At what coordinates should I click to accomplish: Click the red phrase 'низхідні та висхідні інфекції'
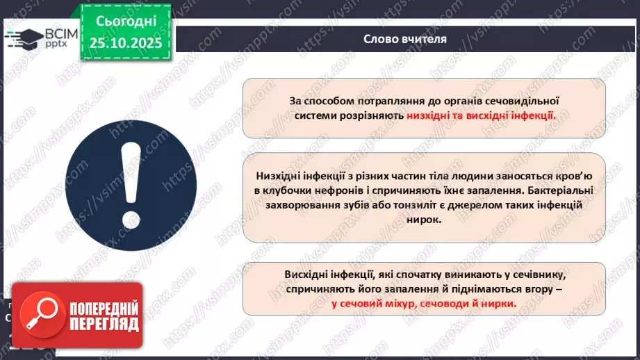pos(481,115)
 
